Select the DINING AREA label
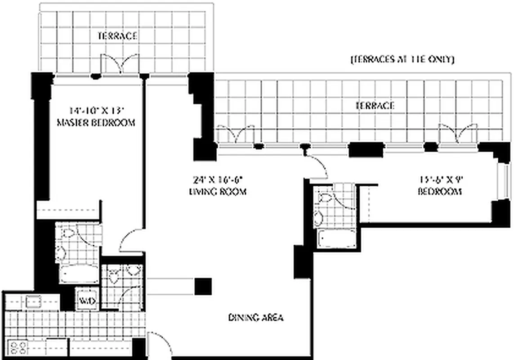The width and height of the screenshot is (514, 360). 256,318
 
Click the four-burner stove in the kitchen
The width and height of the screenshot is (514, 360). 18,348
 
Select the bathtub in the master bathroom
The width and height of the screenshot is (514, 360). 79,274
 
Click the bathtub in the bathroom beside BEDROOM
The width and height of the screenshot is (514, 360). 336,238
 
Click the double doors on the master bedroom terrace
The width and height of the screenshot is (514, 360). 119,64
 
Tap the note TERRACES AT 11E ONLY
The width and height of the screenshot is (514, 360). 402,59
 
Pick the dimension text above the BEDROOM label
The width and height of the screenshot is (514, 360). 440,179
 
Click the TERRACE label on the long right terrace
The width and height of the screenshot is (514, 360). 375,106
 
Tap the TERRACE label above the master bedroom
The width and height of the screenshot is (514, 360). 117,36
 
